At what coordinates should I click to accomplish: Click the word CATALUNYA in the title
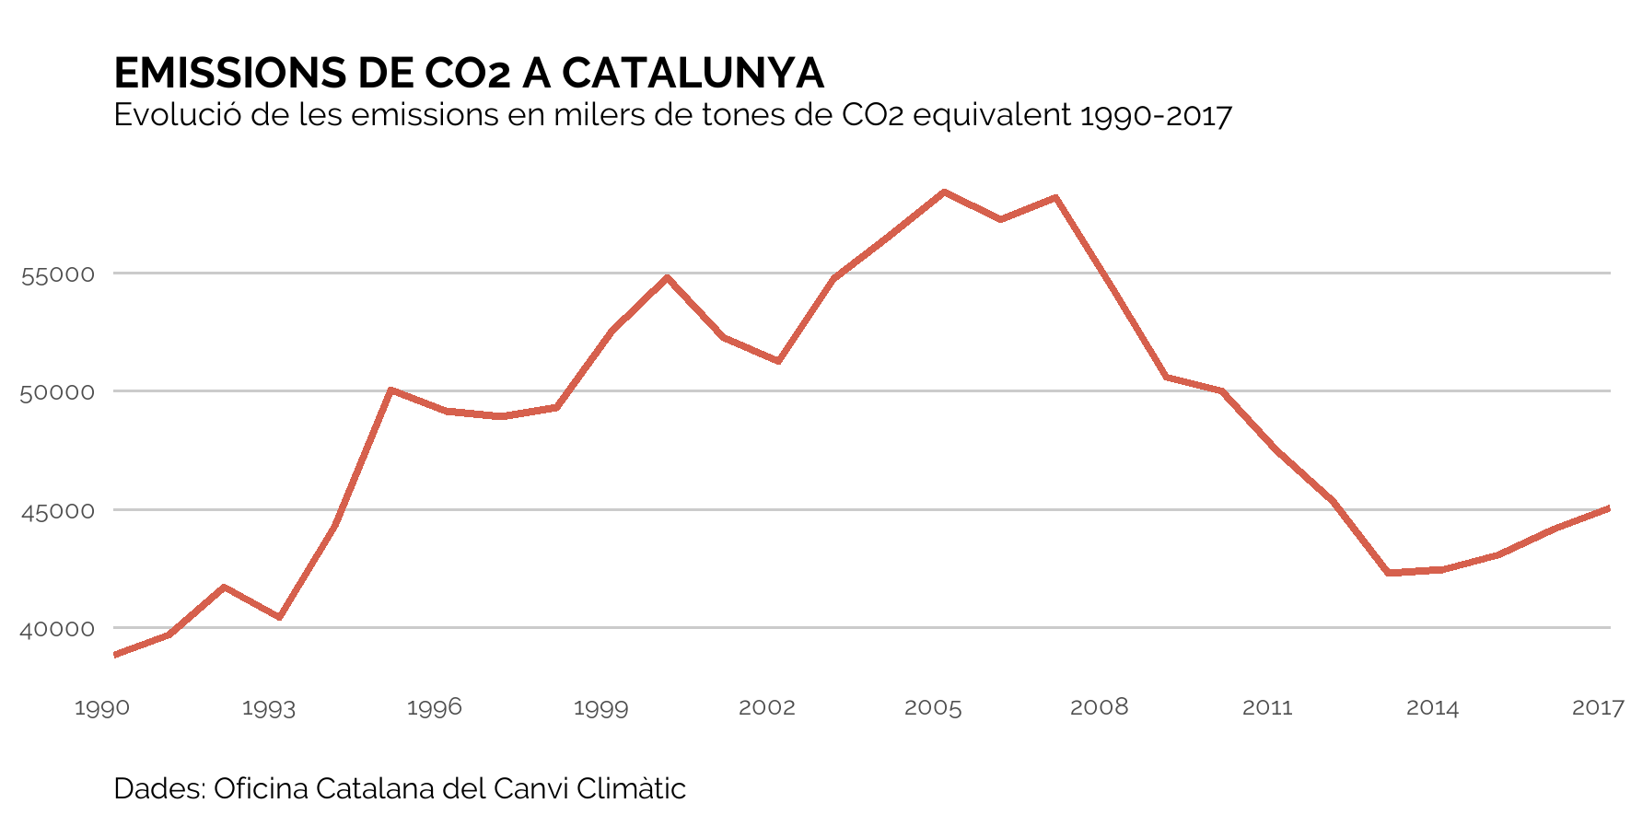(693, 74)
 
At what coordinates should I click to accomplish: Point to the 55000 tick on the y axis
(58, 274)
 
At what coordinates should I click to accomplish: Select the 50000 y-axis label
(58, 392)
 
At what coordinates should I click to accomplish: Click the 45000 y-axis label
(58, 511)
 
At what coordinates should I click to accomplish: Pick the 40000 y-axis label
(58, 629)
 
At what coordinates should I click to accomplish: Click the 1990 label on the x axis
(102, 708)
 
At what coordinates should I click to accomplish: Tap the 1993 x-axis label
(269, 708)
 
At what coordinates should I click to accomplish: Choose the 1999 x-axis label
(600, 708)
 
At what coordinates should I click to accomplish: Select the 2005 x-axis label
(933, 708)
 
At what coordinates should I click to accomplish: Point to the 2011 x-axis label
(1267, 708)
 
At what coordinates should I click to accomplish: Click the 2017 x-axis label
(1598, 708)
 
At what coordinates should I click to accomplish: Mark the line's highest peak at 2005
(944, 192)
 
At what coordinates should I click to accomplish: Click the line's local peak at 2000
(668, 277)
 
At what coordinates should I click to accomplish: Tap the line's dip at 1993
(280, 617)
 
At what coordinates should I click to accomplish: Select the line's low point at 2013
(1388, 573)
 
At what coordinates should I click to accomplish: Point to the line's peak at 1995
(391, 390)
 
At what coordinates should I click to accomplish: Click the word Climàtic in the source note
(631, 789)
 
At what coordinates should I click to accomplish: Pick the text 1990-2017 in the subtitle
(1156, 116)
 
